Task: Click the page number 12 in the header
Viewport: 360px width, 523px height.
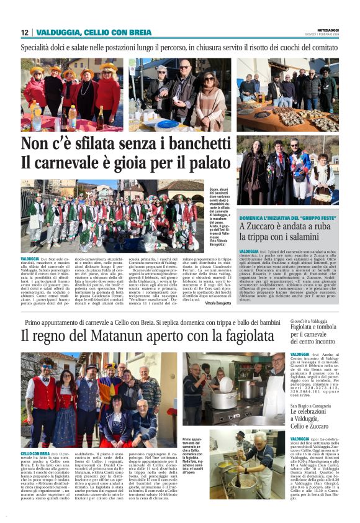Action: pos(25,32)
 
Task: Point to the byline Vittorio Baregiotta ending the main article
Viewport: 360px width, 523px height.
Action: pos(218,303)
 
